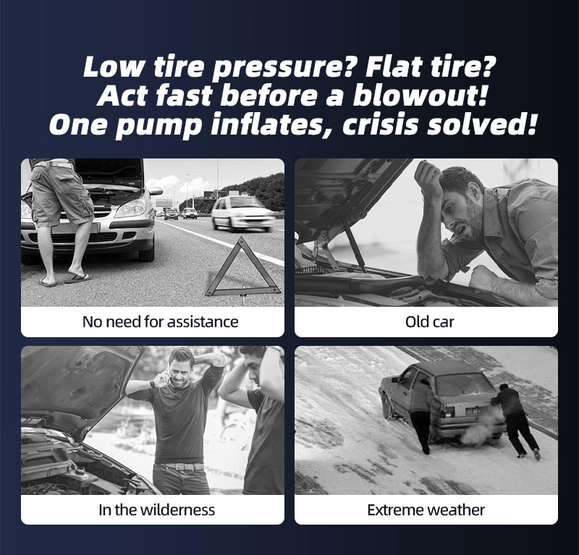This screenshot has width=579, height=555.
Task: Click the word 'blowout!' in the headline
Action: pyautogui.click(x=420, y=96)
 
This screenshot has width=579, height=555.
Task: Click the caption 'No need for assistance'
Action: pyautogui.click(x=160, y=322)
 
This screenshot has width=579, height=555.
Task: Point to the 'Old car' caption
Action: pyautogui.click(x=429, y=322)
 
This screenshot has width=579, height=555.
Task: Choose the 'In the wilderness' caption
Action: pyautogui.click(x=156, y=510)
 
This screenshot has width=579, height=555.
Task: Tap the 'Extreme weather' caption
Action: pyautogui.click(x=426, y=510)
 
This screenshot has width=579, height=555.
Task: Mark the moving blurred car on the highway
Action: pyautogui.click(x=242, y=213)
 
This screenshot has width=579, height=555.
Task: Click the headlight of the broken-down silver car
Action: pyautogui.click(x=130, y=208)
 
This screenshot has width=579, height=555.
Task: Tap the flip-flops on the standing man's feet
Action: pyautogui.click(x=65, y=279)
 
